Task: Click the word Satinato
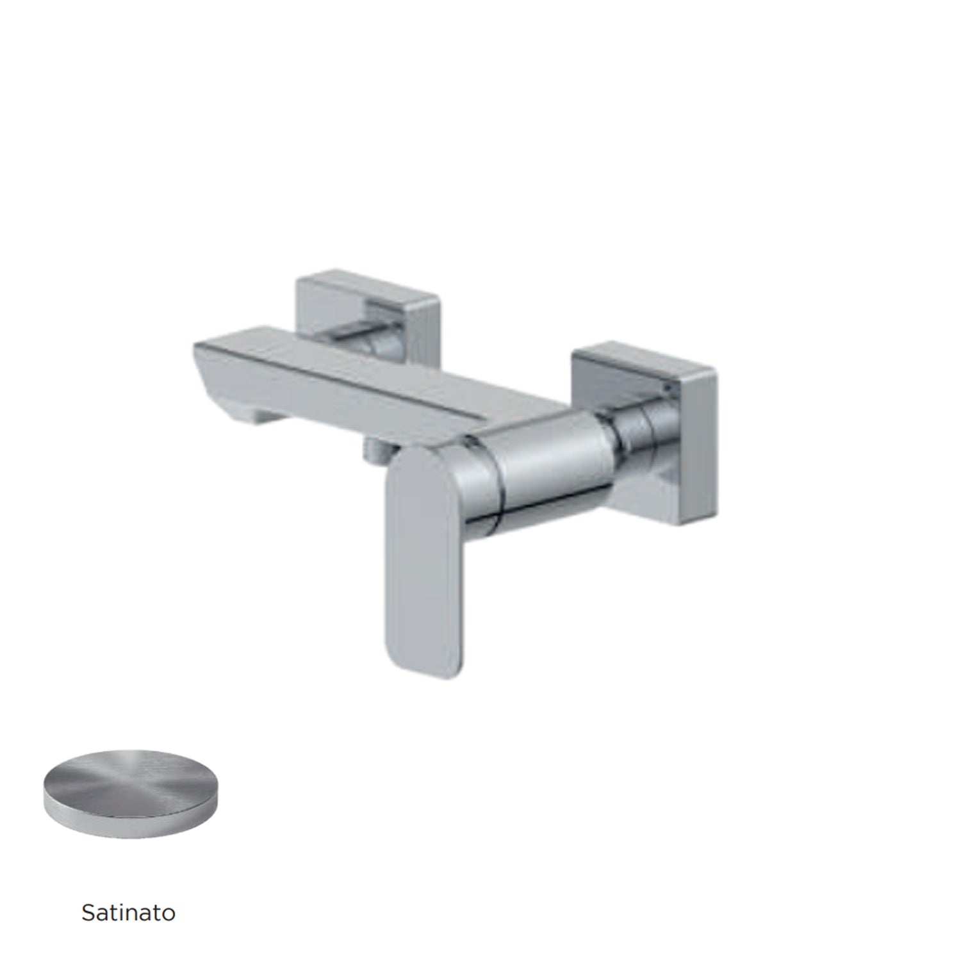pyautogui.click(x=128, y=912)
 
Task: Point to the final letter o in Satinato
pyautogui.click(x=168, y=914)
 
